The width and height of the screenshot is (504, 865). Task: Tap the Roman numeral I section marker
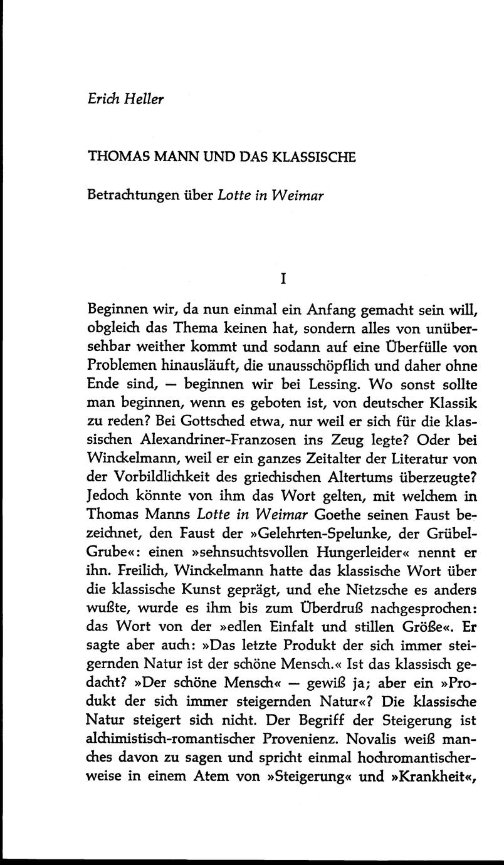tap(283, 280)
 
